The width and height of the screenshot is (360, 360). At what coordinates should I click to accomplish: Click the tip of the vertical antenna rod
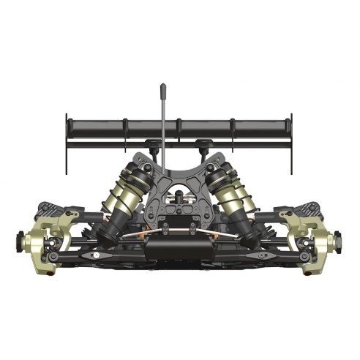162,87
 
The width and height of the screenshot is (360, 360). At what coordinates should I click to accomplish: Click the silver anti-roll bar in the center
179,236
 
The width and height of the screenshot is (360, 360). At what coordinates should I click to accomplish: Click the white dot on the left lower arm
94,257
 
